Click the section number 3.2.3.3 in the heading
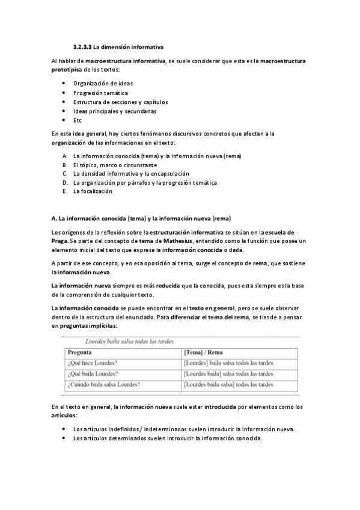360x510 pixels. pyautogui.click(x=82, y=46)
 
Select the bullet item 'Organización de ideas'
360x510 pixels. pyautogui.click(x=103, y=83)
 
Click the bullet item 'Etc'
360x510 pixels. pyautogui.click(x=78, y=120)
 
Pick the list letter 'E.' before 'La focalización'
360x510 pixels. pyautogui.click(x=64, y=191)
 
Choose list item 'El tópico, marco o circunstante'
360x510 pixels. pyautogui.click(x=115, y=165)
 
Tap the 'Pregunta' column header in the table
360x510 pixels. pyautogui.click(x=80, y=352)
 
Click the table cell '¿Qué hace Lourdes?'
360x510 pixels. pyautogui.click(x=93, y=363)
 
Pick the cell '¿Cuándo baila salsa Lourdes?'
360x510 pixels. pyautogui.click(x=105, y=384)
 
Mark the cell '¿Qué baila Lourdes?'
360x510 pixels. pyautogui.click(x=93, y=373)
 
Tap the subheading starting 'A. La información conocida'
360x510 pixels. pyautogui.click(x=141, y=218)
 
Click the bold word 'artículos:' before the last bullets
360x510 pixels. pyautogui.click(x=65, y=416)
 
